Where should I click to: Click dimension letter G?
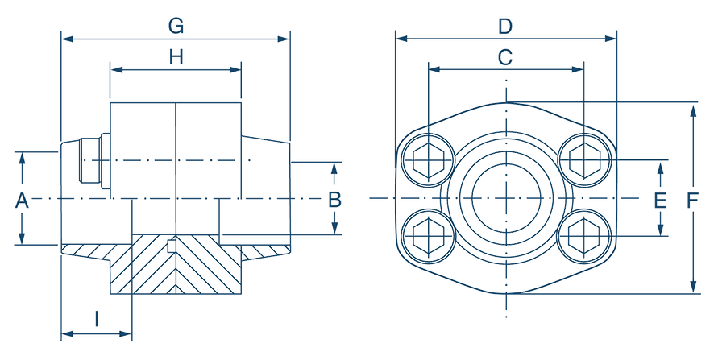[x=175, y=27]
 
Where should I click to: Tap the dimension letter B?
[x=335, y=200]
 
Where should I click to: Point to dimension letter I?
[x=97, y=320]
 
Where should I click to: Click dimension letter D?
[x=504, y=27]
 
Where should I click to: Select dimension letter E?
[x=661, y=200]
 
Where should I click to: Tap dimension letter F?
[x=691, y=200]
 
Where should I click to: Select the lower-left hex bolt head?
[x=426, y=235]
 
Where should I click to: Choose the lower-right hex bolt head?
[x=583, y=235]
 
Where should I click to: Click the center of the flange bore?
[x=505, y=197]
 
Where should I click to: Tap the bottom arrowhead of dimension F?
[x=692, y=288]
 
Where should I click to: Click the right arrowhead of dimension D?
[x=612, y=38]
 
